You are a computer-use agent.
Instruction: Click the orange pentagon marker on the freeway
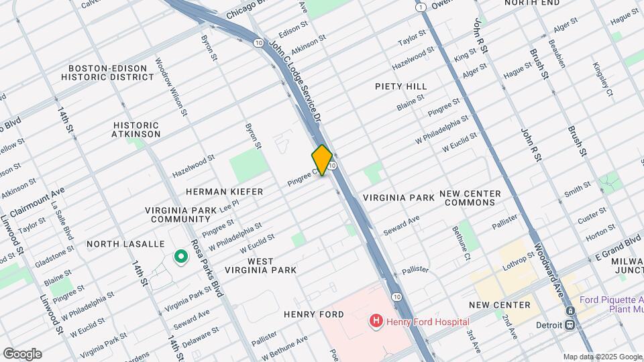(x=322, y=160)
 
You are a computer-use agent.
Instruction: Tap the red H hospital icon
(x=376, y=322)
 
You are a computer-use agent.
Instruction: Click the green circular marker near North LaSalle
(x=180, y=256)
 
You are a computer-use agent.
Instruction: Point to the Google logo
(x=22, y=353)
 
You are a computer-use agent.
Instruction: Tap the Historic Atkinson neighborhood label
(x=137, y=129)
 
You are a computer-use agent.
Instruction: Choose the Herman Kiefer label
(x=215, y=192)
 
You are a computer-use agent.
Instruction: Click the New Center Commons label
(x=470, y=198)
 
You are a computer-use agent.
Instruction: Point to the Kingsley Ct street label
(x=602, y=78)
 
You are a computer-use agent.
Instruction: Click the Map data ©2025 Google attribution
(x=602, y=357)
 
